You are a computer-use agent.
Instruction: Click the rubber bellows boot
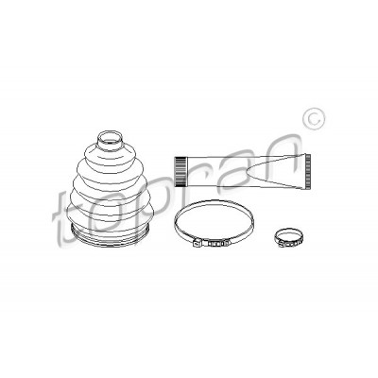[x=111, y=189]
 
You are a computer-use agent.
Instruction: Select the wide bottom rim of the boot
[x=111, y=237]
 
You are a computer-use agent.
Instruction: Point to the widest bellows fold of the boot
[x=111, y=211]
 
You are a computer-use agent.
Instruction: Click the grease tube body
[x=243, y=172]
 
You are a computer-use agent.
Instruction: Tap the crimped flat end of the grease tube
[x=308, y=172]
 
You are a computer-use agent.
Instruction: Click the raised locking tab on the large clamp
[x=197, y=244]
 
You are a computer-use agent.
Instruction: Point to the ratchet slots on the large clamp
[x=216, y=244]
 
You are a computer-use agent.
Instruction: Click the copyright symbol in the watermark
[x=314, y=119]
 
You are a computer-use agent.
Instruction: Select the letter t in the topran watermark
[x=64, y=217]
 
